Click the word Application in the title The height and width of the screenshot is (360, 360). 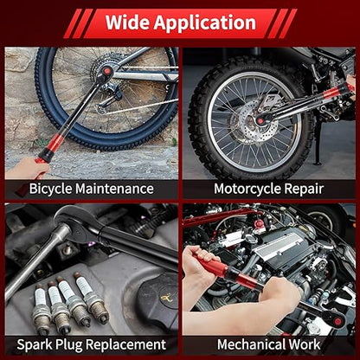click(x=205, y=23)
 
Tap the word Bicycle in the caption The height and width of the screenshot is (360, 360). click(x=50, y=190)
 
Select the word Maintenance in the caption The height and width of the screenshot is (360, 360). click(x=114, y=189)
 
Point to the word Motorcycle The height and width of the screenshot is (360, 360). click(x=247, y=190)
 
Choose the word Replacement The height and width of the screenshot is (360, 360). click(x=125, y=344)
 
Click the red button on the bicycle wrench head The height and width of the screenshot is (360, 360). click(x=107, y=70)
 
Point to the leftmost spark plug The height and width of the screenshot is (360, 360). click(x=41, y=308)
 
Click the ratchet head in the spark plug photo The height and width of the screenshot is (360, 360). click(x=77, y=222)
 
